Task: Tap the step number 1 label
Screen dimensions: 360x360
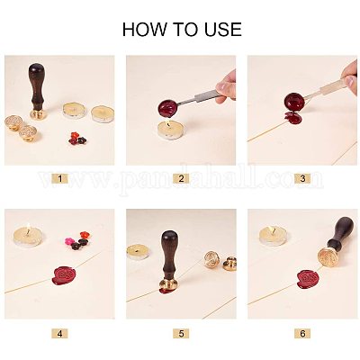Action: (x=59, y=179)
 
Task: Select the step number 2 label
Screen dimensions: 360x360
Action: (x=180, y=179)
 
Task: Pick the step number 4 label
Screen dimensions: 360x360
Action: (x=59, y=333)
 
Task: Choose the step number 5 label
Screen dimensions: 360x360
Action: (x=180, y=333)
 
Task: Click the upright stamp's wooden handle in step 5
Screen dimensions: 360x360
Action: (x=169, y=257)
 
